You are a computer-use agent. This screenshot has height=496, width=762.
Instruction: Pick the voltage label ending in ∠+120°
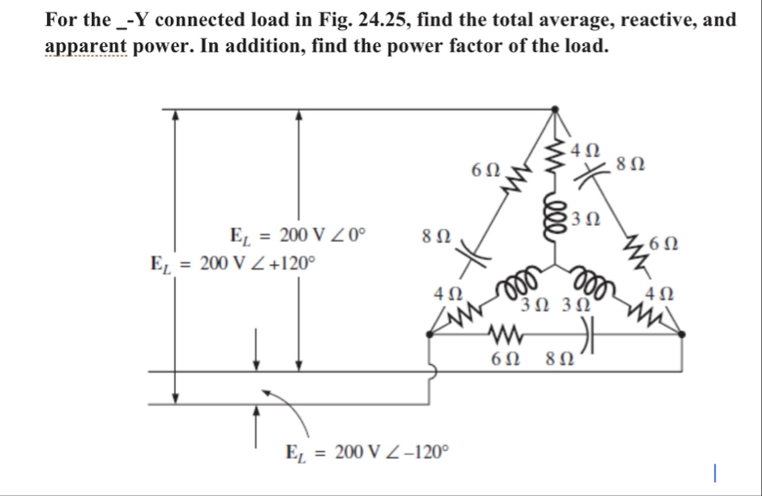click(x=234, y=263)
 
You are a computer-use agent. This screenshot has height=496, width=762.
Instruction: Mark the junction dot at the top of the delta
click(x=555, y=109)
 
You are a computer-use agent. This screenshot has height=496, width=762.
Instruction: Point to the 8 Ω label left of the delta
click(x=432, y=233)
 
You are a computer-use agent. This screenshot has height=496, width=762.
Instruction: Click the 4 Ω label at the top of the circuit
click(x=585, y=148)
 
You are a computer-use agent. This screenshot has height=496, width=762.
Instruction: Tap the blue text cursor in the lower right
click(x=717, y=471)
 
